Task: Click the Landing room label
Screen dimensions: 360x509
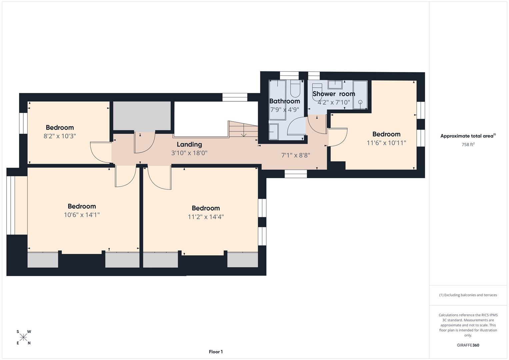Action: coord(189,144)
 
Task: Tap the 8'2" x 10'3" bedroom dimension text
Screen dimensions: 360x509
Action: coord(60,136)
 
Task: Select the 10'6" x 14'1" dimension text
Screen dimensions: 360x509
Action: coord(82,215)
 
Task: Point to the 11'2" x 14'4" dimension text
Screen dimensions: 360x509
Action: coord(206,217)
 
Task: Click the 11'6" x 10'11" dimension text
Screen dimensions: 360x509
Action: coord(386,143)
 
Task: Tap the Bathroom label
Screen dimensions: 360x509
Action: coord(284,101)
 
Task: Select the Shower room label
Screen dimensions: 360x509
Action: coord(334,94)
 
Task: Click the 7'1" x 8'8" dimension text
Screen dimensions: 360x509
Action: coord(296,155)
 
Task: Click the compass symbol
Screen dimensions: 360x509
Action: coord(23,337)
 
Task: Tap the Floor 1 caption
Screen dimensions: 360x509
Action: coord(216,352)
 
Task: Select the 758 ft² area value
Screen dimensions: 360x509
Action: coord(468,145)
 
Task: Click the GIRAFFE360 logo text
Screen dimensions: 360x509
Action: coord(468,345)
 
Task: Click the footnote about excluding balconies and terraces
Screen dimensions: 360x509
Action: coord(468,295)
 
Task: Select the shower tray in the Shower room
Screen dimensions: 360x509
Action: coord(360,95)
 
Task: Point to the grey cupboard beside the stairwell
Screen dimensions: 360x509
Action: coord(142,116)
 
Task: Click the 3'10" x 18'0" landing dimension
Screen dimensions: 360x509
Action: coord(189,153)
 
